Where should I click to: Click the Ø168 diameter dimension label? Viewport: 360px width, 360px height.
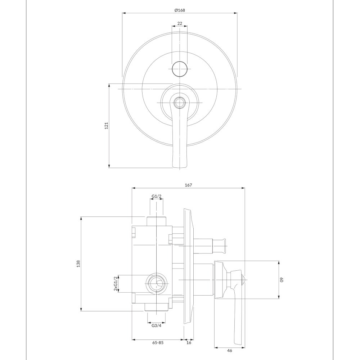tap(180, 10)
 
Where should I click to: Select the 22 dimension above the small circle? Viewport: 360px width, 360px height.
tap(180, 23)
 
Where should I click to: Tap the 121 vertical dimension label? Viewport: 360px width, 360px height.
tap(106, 126)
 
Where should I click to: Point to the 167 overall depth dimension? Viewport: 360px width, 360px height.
tap(188, 185)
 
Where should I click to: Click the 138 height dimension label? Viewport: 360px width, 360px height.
tap(78, 264)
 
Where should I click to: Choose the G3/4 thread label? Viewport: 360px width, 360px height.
tap(156, 325)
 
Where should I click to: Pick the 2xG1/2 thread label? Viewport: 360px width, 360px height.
tap(116, 283)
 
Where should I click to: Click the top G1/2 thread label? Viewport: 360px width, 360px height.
tap(157, 196)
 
